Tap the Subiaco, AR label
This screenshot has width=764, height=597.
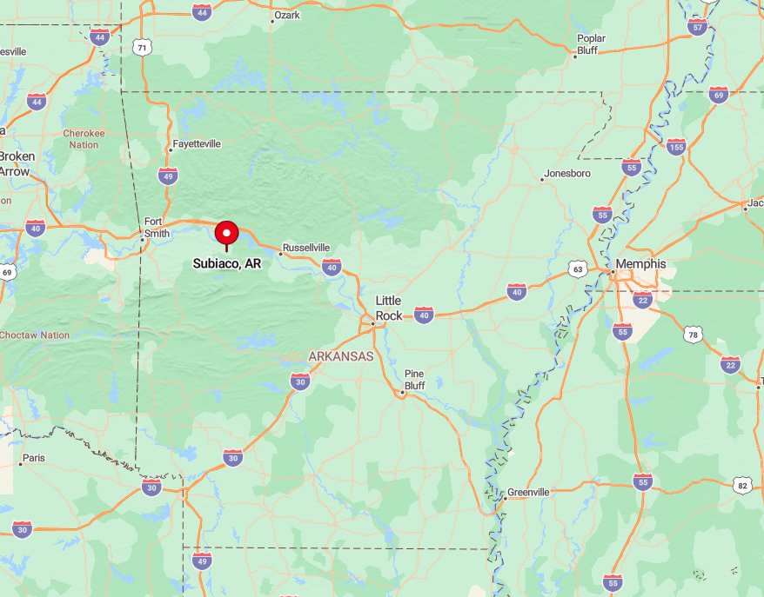point(227,263)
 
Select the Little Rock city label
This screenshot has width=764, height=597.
point(389,308)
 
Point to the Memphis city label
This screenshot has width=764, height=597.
point(640,264)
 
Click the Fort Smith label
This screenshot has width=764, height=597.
point(154,227)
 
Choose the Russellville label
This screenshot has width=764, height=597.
point(305,248)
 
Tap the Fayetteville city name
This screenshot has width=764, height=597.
point(197,143)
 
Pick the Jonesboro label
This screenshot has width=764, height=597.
point(568,174)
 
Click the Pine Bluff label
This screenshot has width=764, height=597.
point(414,379)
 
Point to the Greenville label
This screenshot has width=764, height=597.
point(528,492)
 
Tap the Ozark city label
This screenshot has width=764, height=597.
point(286,16)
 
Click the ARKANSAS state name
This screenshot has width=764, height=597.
point(341,356)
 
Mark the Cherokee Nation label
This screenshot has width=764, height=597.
point(84,139)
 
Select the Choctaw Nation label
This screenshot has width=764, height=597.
point(35,335)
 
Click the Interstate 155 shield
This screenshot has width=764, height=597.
point(676,146)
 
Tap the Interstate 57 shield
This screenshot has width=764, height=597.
point(697,27)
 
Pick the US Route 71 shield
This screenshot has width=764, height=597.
point(142,47)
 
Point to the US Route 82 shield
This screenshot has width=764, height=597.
point(741,485)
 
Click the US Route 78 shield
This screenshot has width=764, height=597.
point(693,335)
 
